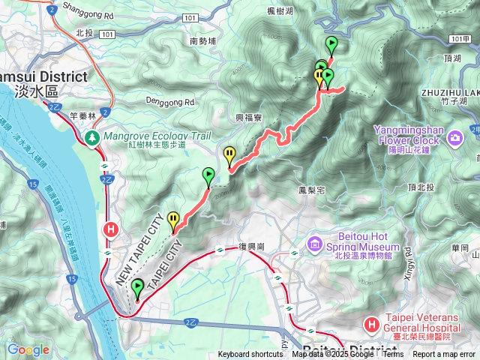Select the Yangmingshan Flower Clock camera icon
coord(455,138)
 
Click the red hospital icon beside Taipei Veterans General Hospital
coord(370,325)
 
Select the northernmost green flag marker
coord(331,43)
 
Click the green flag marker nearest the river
coord(137,287)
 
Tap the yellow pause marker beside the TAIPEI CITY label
coord(174,220)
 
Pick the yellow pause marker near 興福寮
coord(229,155)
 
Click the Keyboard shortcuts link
coord(250,355)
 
